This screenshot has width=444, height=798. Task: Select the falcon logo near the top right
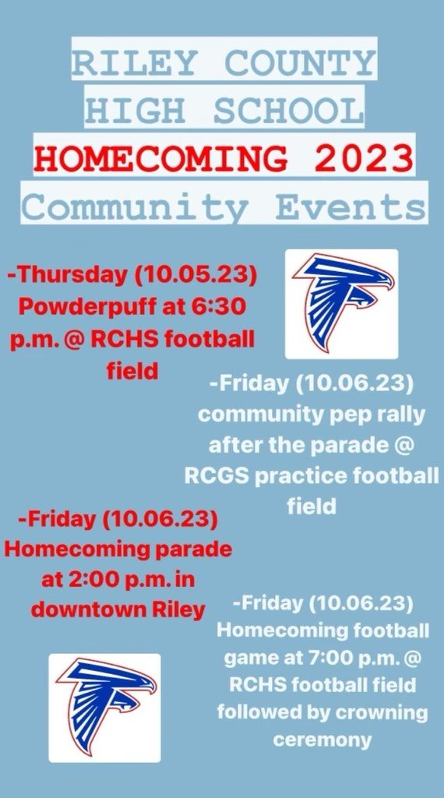[x=341, y=303]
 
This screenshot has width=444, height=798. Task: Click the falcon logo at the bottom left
[x=104, y=707]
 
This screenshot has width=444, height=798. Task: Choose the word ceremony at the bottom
[x=322, y=740]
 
